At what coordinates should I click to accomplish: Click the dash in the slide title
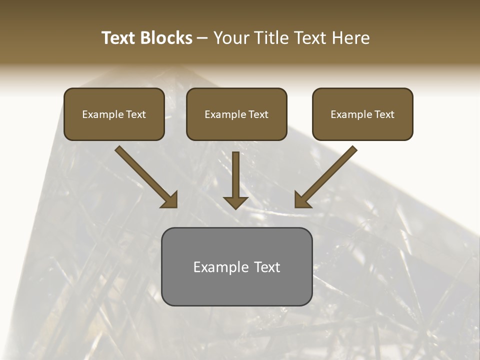(202, 38)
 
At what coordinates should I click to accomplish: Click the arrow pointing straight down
(235, 180)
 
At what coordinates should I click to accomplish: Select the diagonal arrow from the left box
(145, 176)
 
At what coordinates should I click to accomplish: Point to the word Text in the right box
(384, 114)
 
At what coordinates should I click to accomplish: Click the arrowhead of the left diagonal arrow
(170, 199)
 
